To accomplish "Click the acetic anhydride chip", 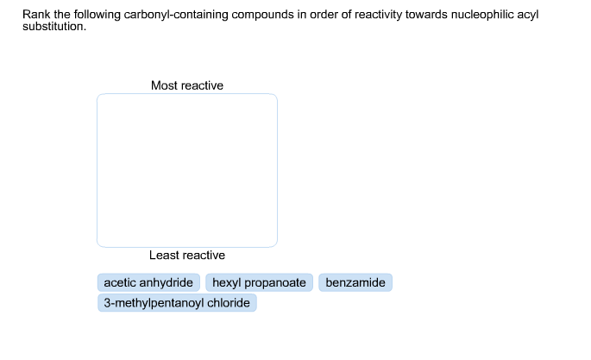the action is point(148,282).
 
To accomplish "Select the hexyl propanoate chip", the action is point(259,282).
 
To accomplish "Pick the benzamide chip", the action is point(355,282).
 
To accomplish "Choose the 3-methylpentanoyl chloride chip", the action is point(177,303).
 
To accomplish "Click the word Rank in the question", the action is point(36,15).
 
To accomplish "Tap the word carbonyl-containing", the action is point(176,15).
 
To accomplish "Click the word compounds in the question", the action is point(262,15).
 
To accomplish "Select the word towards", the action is point(427,15).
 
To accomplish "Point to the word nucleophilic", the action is point(482,15).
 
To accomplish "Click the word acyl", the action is point(528,15).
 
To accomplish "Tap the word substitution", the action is point(54,27).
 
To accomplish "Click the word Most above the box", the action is point(162,85).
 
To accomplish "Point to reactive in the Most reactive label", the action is point(200,85).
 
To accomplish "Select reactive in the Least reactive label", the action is point(203,256).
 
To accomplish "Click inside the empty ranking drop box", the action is point(187,170).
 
